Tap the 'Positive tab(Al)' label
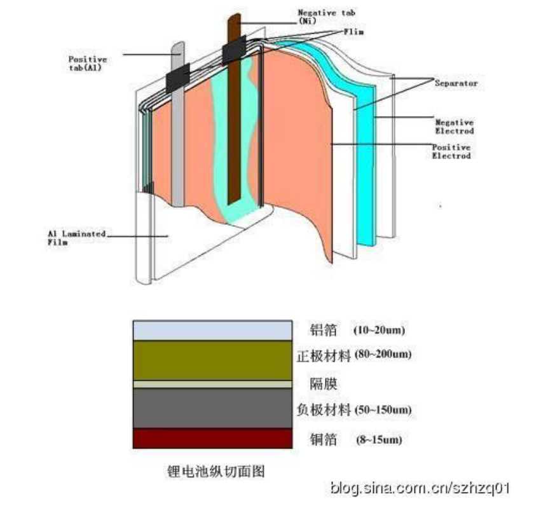(x=88, y=63)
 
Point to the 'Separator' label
(x=456, y=83)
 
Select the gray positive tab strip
(x=179, y=146)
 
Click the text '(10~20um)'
(x=378, y=330)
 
